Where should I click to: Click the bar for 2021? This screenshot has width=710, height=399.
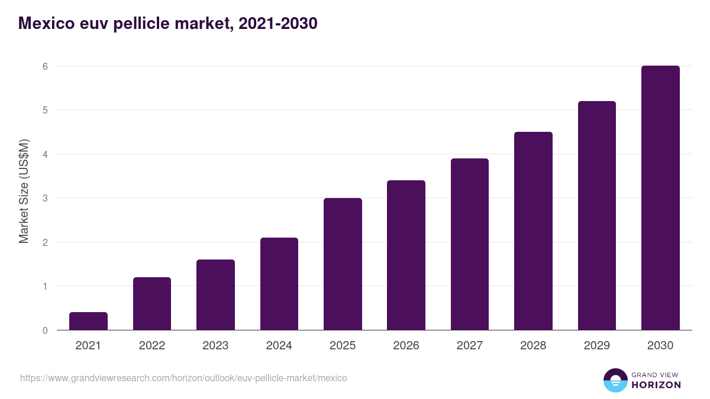pyautogui.click(x=88, y=321)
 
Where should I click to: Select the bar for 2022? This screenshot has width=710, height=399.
pyautogui.click(x=152, y=304)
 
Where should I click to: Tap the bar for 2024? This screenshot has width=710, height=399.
pyautogui.click(x=279, y=284)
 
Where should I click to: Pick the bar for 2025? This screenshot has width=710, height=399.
pyautogui.click(x=343, y=264)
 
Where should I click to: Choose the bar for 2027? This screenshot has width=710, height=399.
pyautogui.click(x=470, y=244)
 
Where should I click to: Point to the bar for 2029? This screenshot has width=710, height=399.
pyautogui.click(x=597, y=216)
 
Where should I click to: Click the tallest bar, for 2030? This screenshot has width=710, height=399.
pyautogui.click(x=660, y=198)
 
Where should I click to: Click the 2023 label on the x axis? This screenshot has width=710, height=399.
pyautogui.click(x=215, y=346)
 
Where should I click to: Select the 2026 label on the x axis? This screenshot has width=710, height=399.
pyautogui.click(x=406, y=346)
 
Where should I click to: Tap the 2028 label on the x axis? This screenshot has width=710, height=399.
pyautogui.click(x=533, y=346)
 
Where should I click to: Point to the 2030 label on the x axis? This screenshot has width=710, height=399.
pyautogui.click(x=660, y=346)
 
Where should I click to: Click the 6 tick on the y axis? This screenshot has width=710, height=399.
pyautogui.click(x=44, y=66)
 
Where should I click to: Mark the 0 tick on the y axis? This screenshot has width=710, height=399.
pyautogui.click(x=44, y=330)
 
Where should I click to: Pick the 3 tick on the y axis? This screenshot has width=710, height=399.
pyautogui.click(x=44, y=198)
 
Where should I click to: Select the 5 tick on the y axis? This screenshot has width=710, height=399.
pyautogui.click(x=44, y=110)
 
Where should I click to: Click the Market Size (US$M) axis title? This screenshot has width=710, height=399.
pyautogui.click(x=24, y=191)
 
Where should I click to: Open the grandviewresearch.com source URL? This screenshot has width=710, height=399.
pyautogui.click(x=183, y=378)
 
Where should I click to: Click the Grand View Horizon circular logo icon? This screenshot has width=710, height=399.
pyautogui.click(x=615, y=380)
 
